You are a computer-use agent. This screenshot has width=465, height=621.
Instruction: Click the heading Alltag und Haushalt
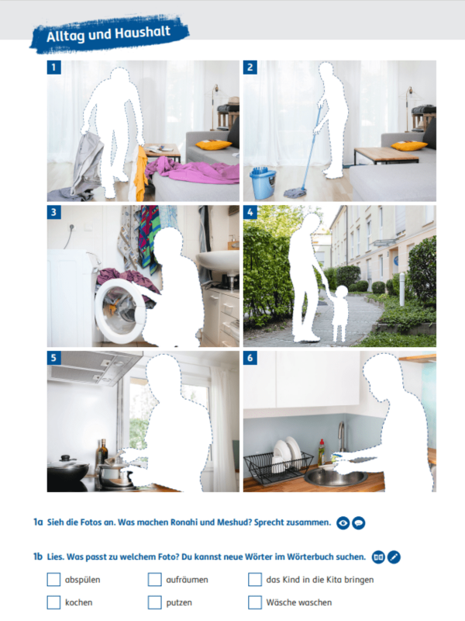point(107,35)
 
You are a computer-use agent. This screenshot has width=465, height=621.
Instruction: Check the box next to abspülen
point(53,579)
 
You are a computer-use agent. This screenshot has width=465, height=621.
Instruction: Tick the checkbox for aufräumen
point(154,579)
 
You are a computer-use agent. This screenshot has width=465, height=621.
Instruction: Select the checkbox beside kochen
point(53,602)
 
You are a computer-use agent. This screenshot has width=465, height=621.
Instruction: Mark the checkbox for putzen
point(154,602)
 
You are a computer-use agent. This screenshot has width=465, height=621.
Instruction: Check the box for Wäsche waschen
point(255,602)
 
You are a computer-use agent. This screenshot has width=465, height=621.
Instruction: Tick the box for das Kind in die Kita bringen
point(255,579)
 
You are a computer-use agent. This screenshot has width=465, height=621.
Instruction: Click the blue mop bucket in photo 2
point(262,184)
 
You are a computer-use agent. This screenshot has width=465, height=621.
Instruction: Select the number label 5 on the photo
point(53,358)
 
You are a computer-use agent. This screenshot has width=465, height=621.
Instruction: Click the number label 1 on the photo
point(53,68)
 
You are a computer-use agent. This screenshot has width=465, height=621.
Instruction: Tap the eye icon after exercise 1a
point(343,523)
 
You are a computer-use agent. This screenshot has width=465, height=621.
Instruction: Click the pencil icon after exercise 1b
point(394,557)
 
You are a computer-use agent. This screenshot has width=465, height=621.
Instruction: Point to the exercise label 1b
point(37,557)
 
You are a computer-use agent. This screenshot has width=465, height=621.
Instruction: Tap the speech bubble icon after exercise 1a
point(359,523)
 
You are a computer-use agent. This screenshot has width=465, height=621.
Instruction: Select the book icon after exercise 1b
point(378,557)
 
